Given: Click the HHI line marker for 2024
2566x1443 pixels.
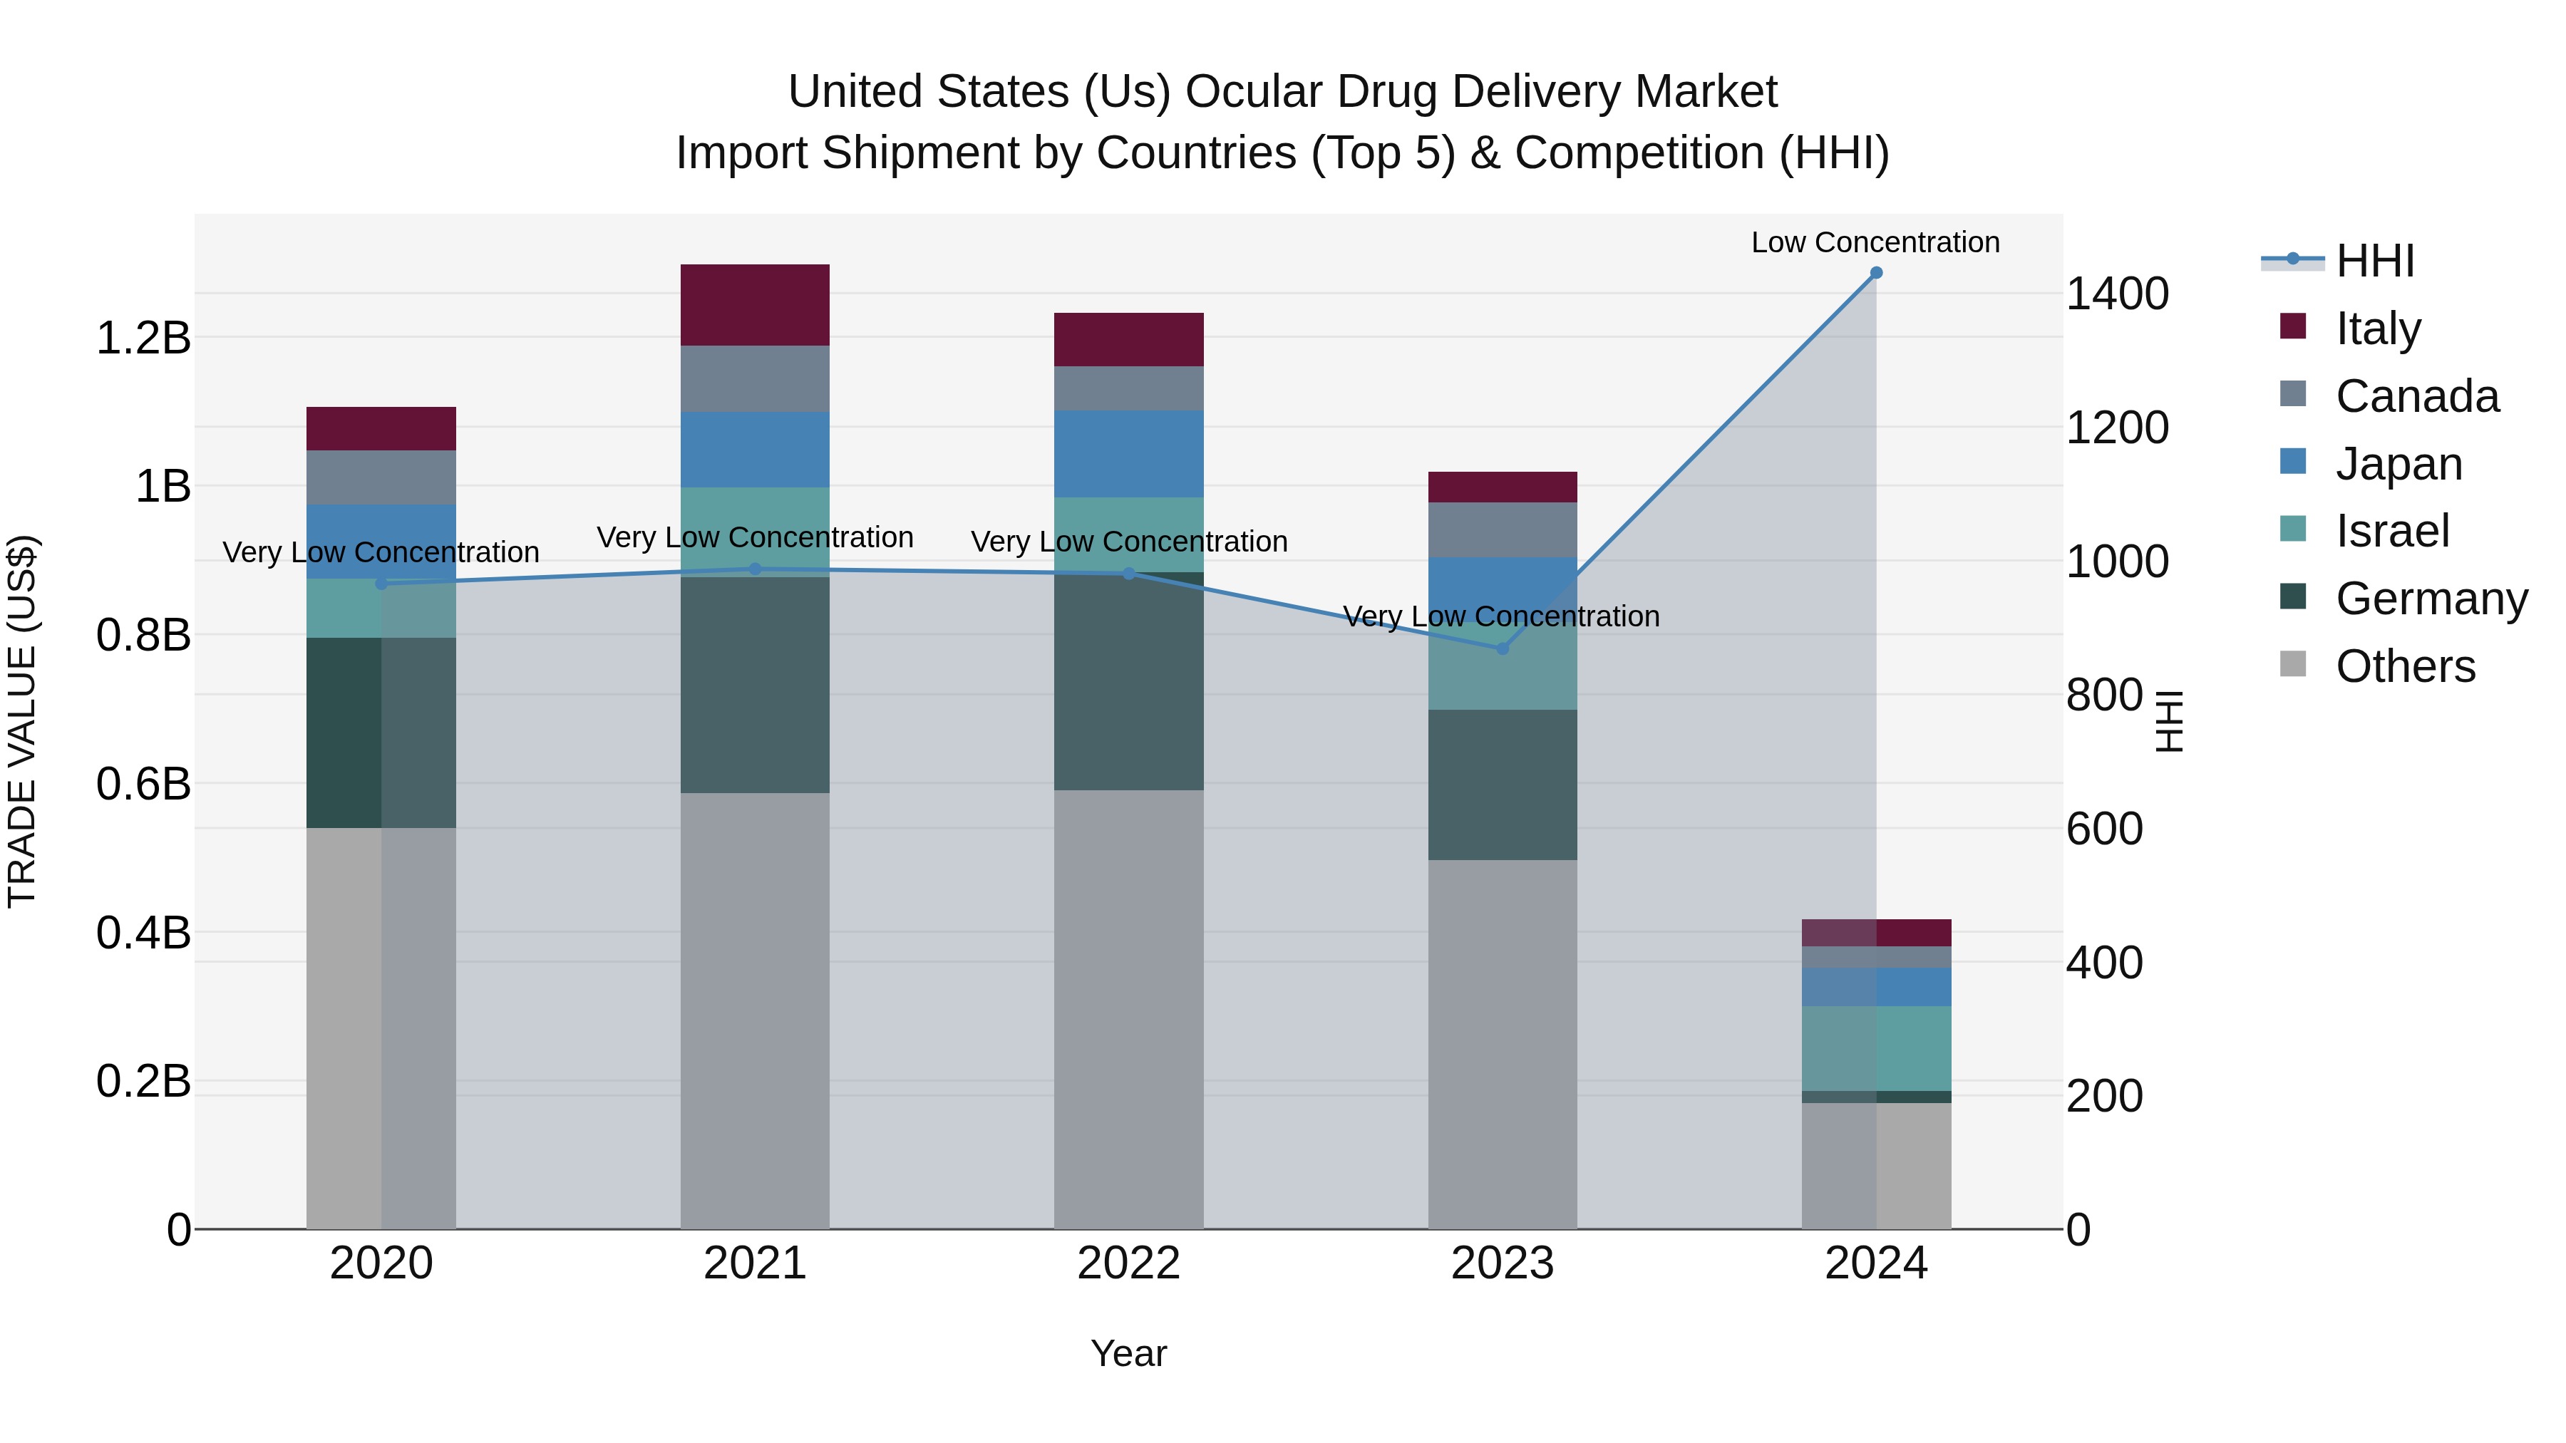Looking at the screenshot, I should (1876, 273).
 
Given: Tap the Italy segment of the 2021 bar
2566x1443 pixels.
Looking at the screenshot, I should (754, 305).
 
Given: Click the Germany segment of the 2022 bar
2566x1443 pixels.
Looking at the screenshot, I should (1128, 681).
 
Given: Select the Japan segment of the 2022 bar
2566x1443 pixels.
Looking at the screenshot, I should (1128, 454).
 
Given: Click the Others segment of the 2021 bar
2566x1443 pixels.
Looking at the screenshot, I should (754, 1010).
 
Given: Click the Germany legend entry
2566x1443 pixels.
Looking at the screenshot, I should (2430, 599).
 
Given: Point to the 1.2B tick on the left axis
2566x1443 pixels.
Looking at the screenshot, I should (143, 338).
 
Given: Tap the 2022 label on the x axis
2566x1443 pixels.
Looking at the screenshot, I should (1128, 1263).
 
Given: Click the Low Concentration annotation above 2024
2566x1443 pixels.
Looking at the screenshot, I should (1875, 242).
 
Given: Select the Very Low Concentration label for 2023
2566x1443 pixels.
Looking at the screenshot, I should (1500, 616).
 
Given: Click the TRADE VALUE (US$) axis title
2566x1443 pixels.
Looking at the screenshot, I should (22, 721).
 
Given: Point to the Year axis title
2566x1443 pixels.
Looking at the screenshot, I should (1128, 1353).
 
